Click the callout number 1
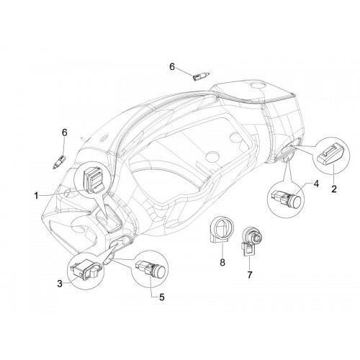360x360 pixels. tap(36, 196)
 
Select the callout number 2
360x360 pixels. tap(334, 189)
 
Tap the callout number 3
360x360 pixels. tap(60, 284)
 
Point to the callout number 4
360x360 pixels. tap(316, 184)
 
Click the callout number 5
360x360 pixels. tap(162, 297)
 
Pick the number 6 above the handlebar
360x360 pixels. tap(172, 67)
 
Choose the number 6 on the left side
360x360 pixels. tap(65, 132)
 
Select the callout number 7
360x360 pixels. tap(250, 275)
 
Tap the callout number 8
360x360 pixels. tap(222, 262)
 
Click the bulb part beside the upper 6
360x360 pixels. tap(201, 76)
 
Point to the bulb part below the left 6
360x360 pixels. tap(59, 162)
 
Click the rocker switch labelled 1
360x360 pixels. tap(94, 180)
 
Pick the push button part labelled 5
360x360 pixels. tap(149, 269)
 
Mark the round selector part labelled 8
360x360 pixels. tap(220, 230)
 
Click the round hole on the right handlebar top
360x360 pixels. tap(257, 84)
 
